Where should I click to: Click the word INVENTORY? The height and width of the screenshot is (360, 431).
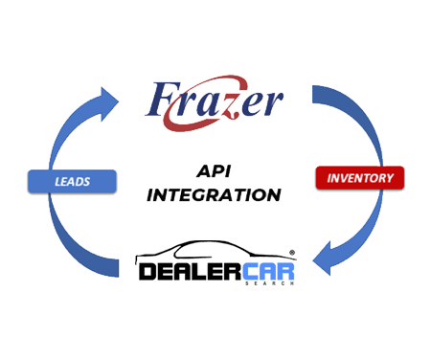pos(359,179)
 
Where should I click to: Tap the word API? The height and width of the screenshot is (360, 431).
pos(214,170)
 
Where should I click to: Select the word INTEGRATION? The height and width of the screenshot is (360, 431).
pos(214,194)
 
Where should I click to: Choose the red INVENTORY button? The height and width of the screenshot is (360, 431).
pos(360,179)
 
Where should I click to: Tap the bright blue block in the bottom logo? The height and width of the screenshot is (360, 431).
pos(269,271)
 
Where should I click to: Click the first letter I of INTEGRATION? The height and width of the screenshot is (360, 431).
pos(152,194)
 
